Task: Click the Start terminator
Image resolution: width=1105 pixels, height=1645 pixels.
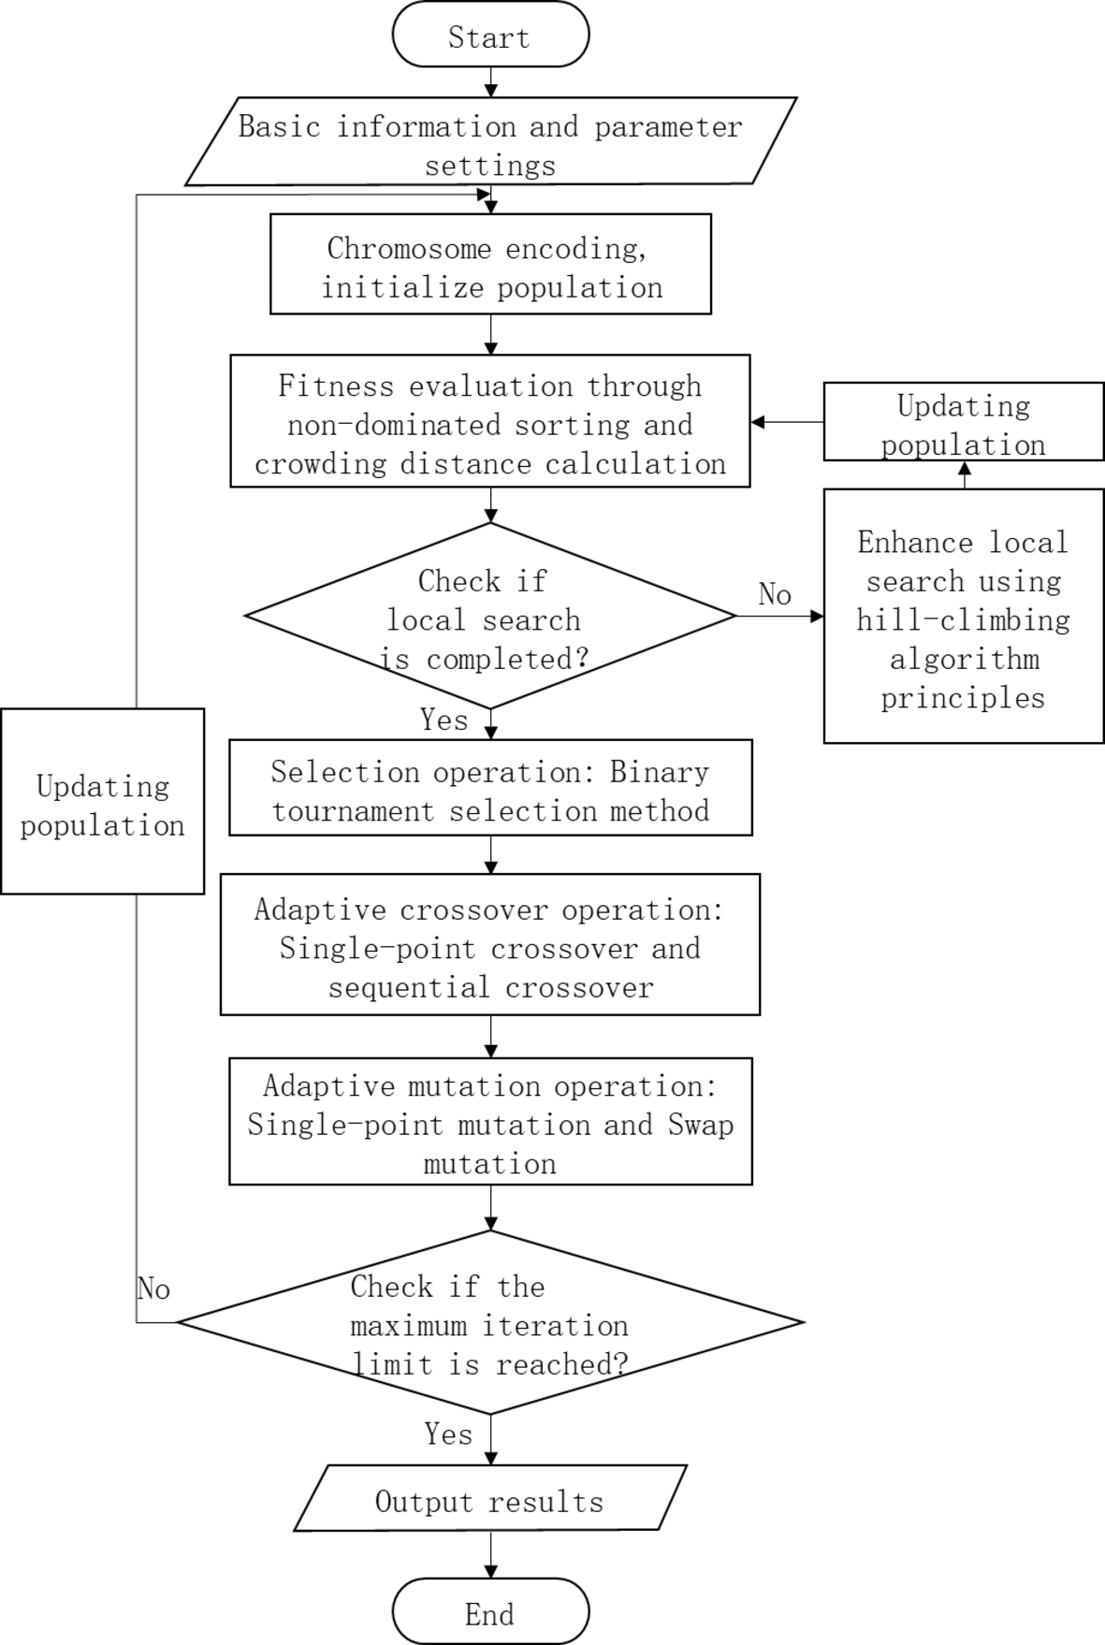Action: pos(490,36)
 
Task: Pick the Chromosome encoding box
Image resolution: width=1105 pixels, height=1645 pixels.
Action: pos(490,266)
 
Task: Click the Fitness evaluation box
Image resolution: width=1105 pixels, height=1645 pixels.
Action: pos(490,423)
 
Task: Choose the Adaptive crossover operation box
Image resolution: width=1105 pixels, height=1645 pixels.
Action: pos(490,946)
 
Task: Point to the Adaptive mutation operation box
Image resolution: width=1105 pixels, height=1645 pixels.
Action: pos(490,1123)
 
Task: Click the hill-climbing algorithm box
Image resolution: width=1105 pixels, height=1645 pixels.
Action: pos(963,619)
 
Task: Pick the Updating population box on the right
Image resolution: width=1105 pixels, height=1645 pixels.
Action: pos(963,423)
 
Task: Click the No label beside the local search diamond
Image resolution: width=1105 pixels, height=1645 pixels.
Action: pos(775,594)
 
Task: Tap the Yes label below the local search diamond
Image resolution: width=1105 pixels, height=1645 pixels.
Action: pos(443,720)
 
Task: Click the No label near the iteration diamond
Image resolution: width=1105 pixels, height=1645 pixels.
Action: pos(153,1289)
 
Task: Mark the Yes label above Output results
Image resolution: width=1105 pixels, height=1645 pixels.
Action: pos(448,1434)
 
